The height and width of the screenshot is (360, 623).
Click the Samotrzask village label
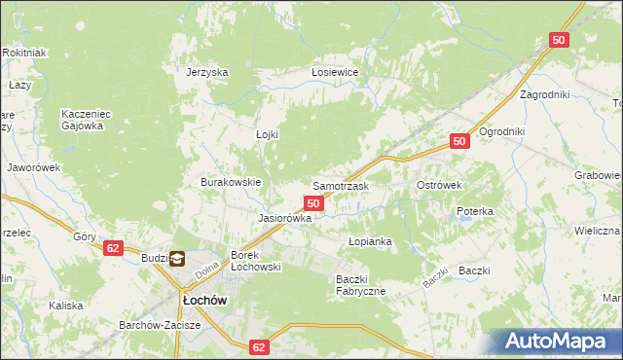[x=340, y=185]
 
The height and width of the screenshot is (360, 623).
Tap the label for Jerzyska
[x=207, y=72]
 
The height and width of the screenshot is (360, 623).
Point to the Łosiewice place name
[x=335, y=73]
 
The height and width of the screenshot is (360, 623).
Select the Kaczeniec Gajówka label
[x=89, y=119]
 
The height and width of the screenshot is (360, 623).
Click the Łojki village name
[x=267, y=134]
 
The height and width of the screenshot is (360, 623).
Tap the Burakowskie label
[x=231, y=182]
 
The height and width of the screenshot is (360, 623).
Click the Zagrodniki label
[x=544, y=95]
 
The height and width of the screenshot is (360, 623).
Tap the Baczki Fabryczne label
[x=360, y=285]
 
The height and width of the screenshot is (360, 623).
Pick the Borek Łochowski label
[x=255, y=261]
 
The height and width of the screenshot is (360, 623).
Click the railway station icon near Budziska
[x=177, y=259]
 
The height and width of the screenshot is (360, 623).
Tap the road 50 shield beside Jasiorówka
[x=312, y=202]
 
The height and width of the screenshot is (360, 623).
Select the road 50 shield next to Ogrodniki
[x=461, y=142]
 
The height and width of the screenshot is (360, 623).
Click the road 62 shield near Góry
[x=114, y=248]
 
